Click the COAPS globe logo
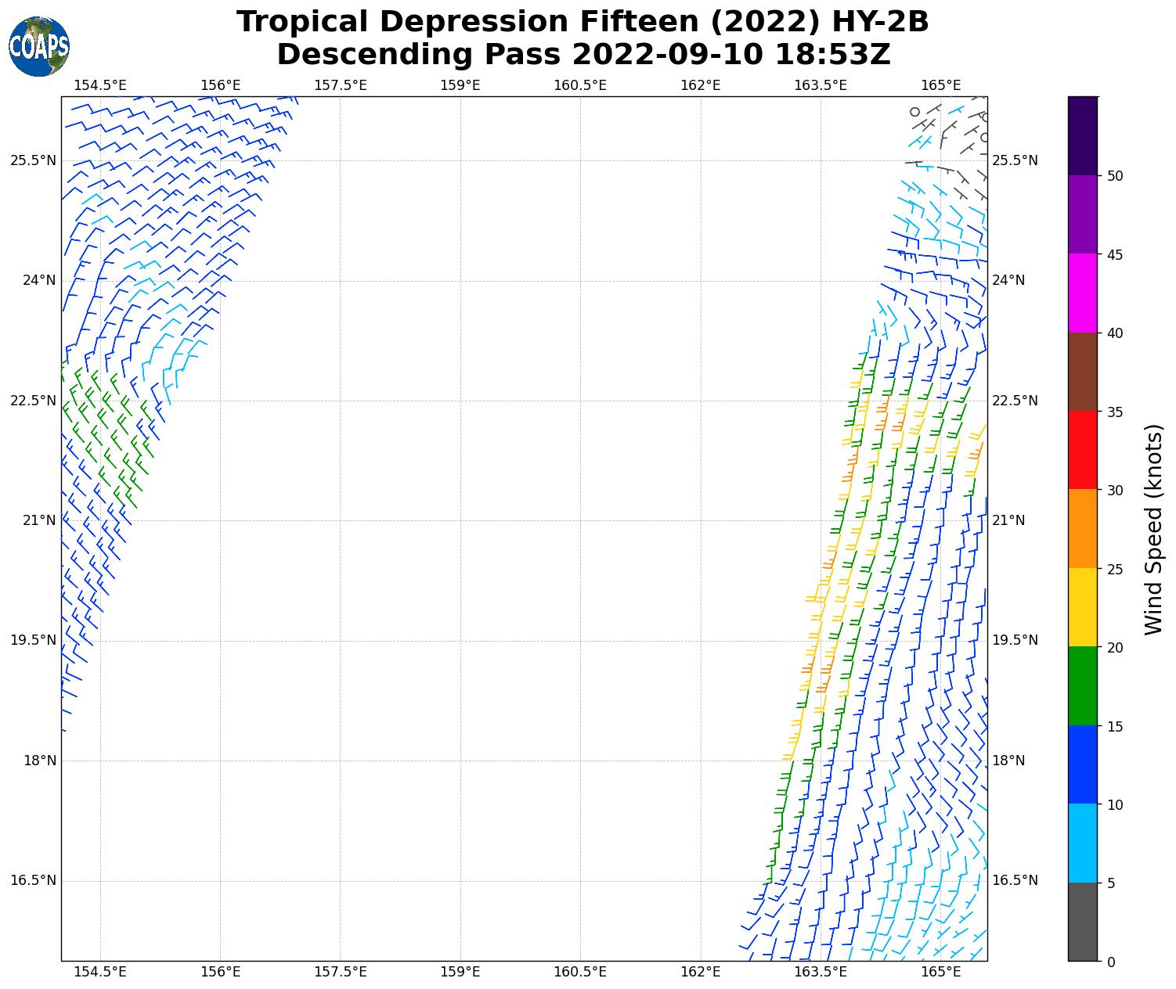[x=39, y=46]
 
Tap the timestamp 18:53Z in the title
[x=832, y=55]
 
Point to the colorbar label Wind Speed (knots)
[x=1153, y=529]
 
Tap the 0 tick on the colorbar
[x=1111, y=962]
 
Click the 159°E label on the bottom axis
[x=460, y=972]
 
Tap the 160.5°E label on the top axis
[x=580, y=85]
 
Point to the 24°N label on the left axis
[x=38, y=280]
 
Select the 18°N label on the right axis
[x=1008, y=761]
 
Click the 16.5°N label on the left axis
[x=33, y=880]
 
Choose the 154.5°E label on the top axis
[x=100, y=85]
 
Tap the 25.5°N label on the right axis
[x=1015, y=160]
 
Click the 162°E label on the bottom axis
[x=701, y=972]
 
